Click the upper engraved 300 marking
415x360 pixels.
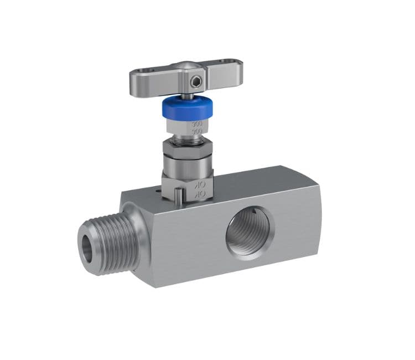pos(197,124)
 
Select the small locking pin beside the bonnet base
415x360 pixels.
pos(178,195)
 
